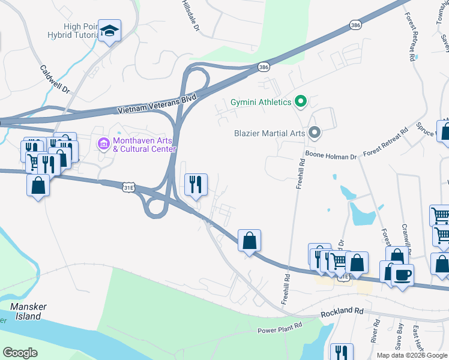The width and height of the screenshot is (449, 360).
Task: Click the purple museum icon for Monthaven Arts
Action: click(x=103, y=144)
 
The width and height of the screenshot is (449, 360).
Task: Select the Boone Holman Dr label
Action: click(x=331, y=155)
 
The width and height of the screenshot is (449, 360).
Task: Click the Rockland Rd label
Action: click(x=342, y=311)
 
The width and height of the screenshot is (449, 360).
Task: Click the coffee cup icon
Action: click(x=402, y=276)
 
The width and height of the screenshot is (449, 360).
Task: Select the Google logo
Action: click(x=20, y=353)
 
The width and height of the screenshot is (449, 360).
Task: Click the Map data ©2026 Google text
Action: click(x=412, y=355)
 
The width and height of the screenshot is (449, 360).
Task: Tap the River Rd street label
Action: click(x=376, y=331)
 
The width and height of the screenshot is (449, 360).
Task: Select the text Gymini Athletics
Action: click(x=261, y=102)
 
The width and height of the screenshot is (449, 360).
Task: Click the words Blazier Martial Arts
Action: click(x=270, y=133)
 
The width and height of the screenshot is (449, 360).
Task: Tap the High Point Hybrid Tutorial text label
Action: click(x=80, y=31)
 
